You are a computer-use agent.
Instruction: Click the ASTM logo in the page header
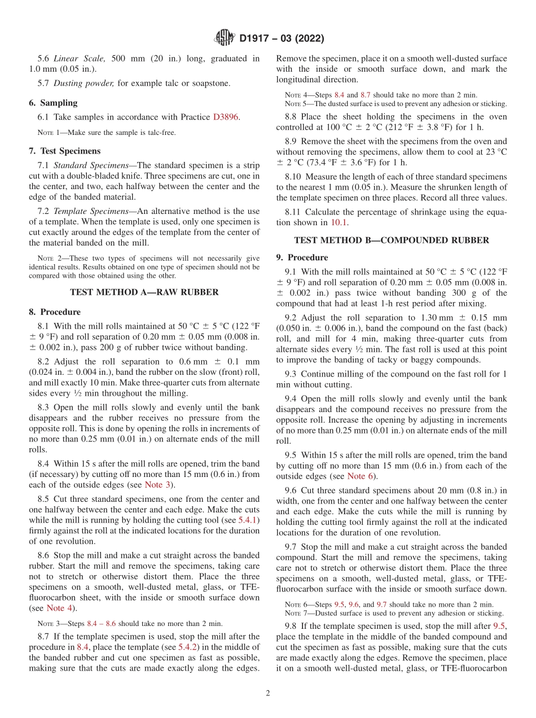click(225, 38)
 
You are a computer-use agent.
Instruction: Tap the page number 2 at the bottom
click(268, 693)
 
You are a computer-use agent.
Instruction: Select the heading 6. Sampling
click(53, 103)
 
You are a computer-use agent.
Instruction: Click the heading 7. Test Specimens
click(65, 151)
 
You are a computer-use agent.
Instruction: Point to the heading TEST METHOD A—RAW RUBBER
click(144, 292)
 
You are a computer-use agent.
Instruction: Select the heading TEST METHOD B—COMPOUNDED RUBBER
click(391, 240)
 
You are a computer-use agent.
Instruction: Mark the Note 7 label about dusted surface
click(298, 613)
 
